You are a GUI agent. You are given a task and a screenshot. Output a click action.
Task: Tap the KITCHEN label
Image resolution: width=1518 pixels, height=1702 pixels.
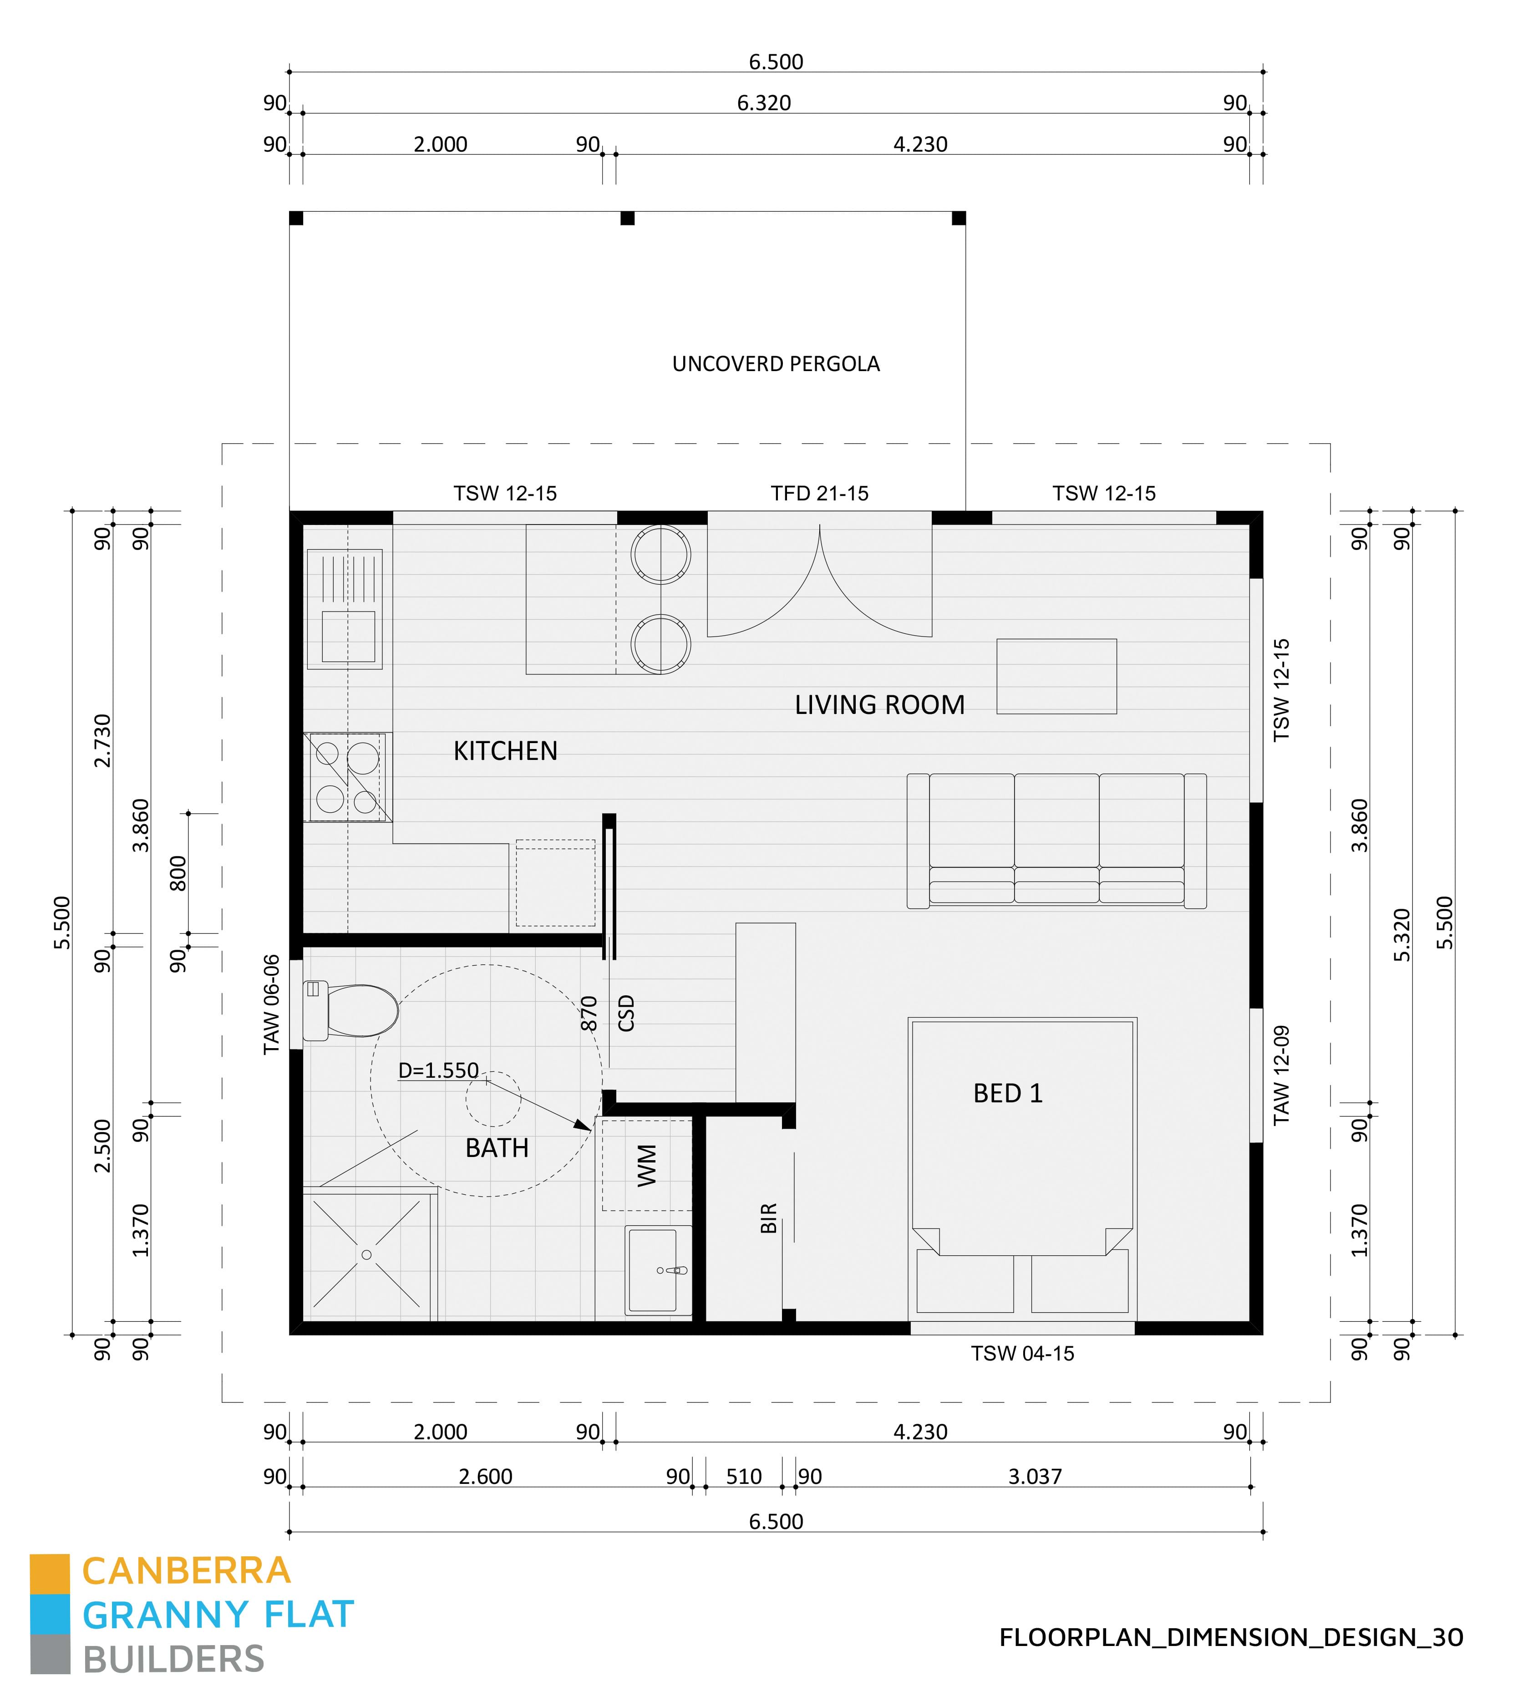point(505,751)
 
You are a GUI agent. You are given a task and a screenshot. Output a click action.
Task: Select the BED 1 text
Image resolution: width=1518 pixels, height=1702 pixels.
point(1008,1093)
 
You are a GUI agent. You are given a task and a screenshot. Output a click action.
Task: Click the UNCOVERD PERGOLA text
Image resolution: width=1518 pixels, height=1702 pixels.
point(776,364)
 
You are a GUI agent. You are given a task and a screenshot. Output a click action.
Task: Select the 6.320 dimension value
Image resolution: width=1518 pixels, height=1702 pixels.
point(763,102)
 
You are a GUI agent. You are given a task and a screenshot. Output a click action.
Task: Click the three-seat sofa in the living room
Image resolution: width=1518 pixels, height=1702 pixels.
point(1056,840)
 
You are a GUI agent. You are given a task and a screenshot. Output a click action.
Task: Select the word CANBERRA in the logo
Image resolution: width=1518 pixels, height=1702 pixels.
point(186,1572)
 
